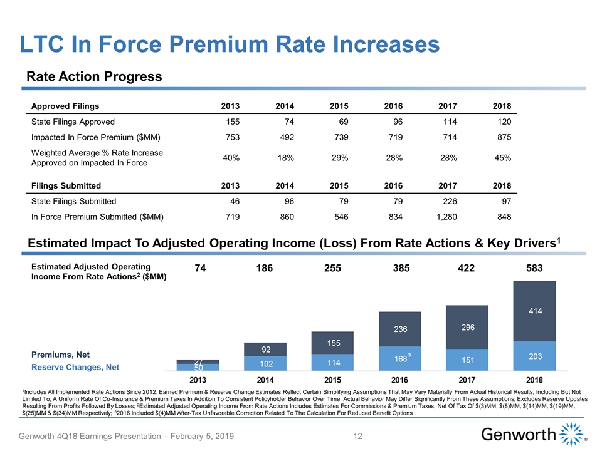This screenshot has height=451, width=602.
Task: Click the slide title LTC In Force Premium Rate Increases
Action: pyautogui.click(x=230, y=44)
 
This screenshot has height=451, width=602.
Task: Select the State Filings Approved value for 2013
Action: pyautogui.click(x=231, y=123)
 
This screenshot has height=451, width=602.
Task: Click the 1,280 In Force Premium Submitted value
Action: pyautogui.click(x=444, y=217)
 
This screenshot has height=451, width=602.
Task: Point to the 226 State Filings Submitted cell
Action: pyautogui.click(x=448, y=201)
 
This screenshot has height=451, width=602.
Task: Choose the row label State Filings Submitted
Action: pyautogui.click(x=73, y=201)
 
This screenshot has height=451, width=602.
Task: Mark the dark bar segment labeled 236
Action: pyautogui.click(x=400, y=329)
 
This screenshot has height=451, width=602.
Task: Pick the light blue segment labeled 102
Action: pyautogui.click(x=265, y=364)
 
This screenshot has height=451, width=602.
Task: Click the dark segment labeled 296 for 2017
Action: pyautogui.click(x=466, y=327)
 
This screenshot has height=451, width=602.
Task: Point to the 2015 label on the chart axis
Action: pyautogui.click(x=332, y=380)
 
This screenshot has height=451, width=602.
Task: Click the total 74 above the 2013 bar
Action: pyautogui.click(x=200, y=268)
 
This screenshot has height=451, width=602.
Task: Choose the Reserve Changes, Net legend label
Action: pyautogui.click(x=75, y=366)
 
